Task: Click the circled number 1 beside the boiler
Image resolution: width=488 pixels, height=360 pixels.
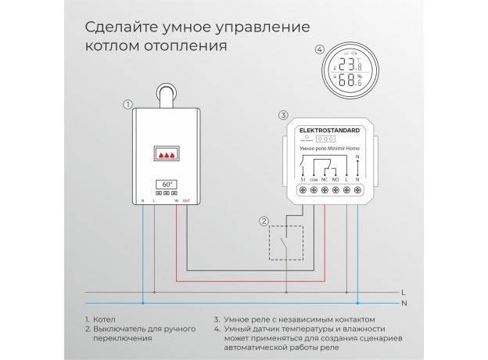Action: tap(127, 104)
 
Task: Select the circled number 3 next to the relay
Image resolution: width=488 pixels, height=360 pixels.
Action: tap(283, 115)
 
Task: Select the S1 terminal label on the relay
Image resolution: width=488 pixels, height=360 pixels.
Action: tap(302, 180)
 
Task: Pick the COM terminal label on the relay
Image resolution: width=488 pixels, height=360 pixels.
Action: tap(313, 180)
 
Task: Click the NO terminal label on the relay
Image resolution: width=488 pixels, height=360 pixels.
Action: tap(336, 180)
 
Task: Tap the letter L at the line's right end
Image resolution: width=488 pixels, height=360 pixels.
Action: tap(404, 292)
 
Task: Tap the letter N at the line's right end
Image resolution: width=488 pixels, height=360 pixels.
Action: tap(404, 303)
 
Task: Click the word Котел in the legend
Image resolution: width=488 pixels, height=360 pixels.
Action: tap(104, 319)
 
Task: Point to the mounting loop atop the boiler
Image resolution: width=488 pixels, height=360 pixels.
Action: tap(166, 95)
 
